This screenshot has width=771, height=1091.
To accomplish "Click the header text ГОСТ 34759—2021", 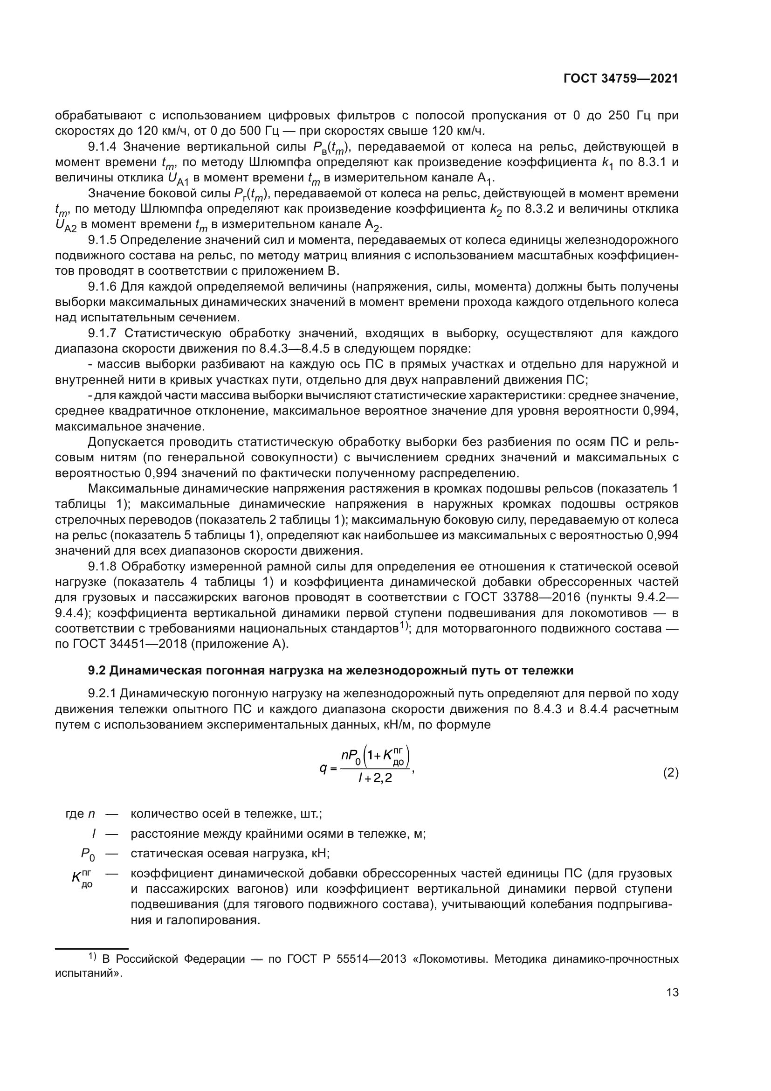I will (x=620, y=79).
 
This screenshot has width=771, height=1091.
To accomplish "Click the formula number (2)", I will (x=670, y=773).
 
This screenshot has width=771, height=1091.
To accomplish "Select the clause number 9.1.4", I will (x=103, y=147).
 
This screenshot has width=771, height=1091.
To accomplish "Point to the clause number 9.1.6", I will (x=103, y=287).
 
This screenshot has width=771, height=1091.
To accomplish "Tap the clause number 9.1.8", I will (x=103, y=566).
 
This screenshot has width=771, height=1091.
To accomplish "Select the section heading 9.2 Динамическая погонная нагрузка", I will (x=330, y=670).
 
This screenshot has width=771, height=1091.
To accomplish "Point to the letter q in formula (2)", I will (x=324, y=768).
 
